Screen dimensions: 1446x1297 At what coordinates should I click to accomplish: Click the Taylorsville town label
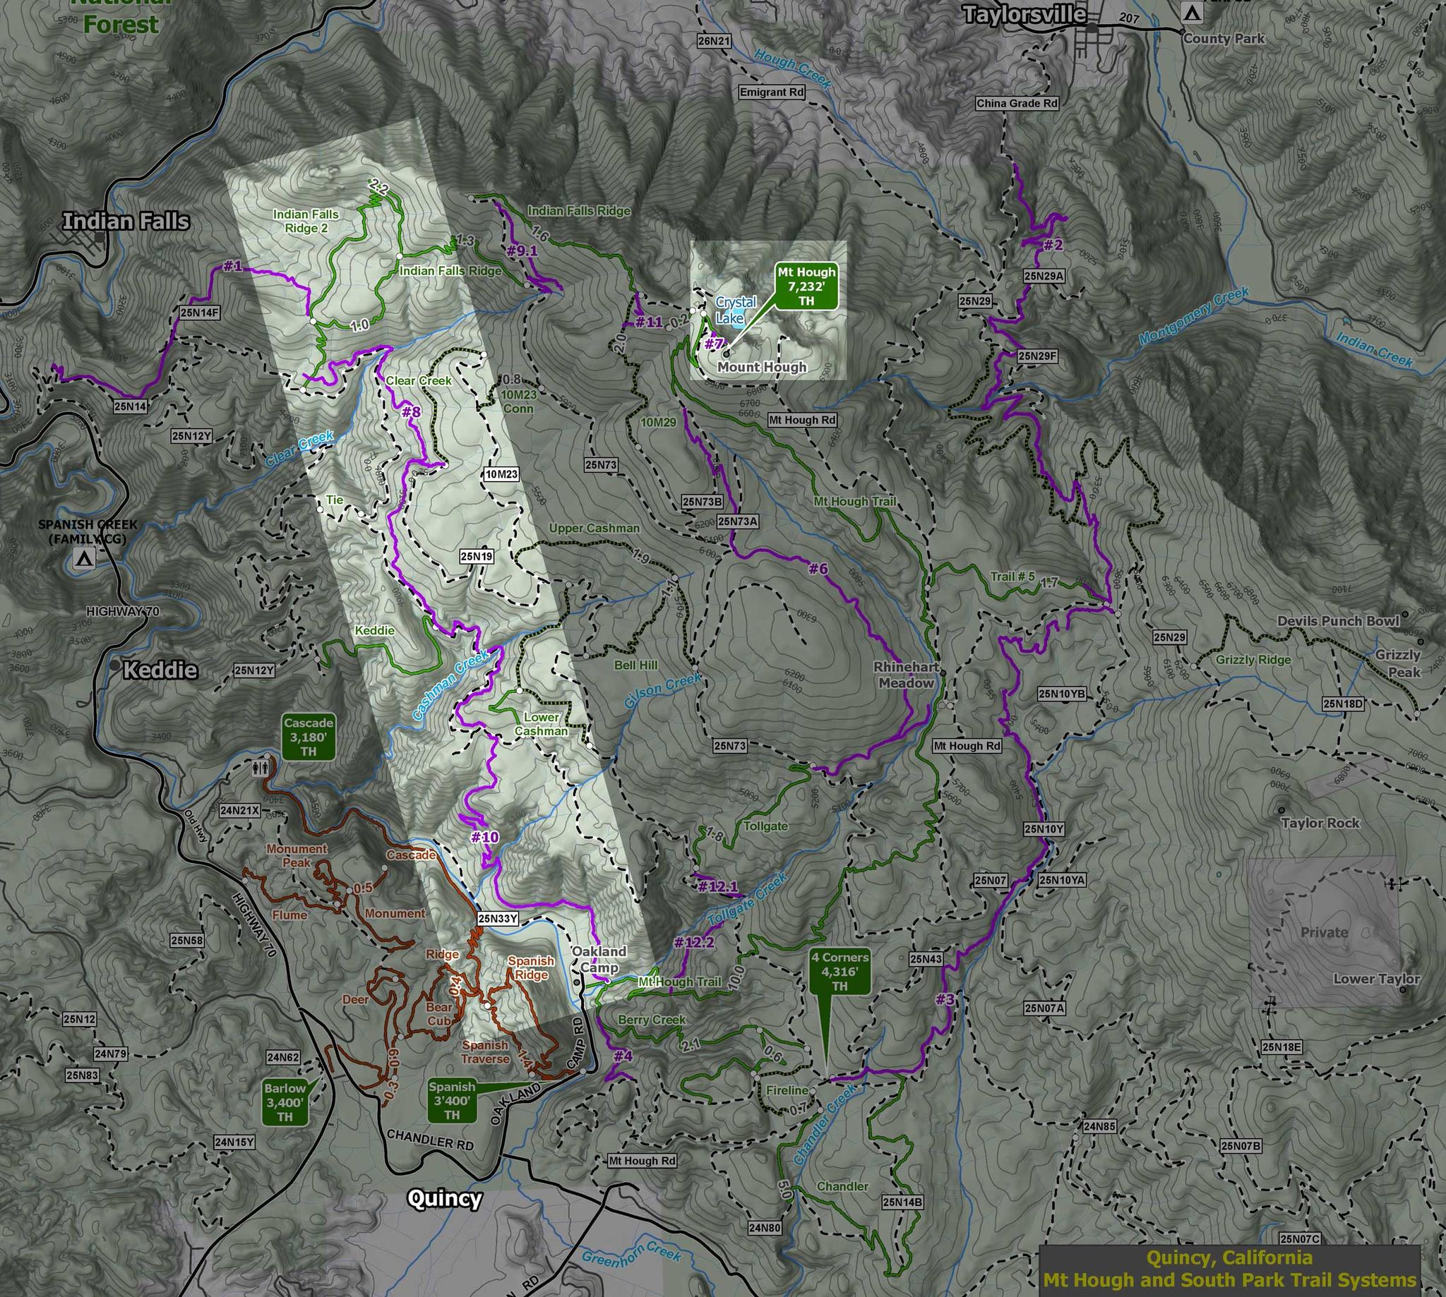(x=1024, y=14)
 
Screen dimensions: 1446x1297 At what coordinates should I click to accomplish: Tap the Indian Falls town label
(x=126, y=221)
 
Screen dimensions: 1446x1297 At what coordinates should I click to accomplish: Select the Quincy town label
(x=444, y=1198)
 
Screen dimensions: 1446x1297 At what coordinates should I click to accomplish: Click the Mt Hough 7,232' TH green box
(x=806, y=286)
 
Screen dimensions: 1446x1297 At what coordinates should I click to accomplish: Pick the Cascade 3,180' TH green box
(x=308, y=737)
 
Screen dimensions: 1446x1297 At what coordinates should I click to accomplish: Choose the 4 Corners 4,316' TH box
(x=839, y=971)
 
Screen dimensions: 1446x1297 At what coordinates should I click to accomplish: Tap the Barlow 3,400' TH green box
(x=285, y=1102)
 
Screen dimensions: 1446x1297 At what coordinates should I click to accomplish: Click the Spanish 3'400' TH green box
(x=452, y=1100)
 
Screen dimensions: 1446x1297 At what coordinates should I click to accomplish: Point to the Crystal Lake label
(x=735, y=310)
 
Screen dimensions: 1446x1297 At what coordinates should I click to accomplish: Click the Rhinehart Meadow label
(x=906, y=675)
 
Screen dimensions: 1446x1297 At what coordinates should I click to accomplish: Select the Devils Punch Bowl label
(x=1338, y=621)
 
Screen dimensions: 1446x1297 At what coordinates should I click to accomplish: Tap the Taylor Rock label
(x=1320, y=823)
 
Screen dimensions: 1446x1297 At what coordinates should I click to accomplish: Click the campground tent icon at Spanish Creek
(x=84, y=559)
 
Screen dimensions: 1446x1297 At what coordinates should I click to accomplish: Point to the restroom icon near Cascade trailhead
(x=261, y=768)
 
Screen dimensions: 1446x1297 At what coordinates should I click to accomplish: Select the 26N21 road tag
(x=714, y=42)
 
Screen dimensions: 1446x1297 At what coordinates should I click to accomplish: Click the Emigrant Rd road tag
(x=772, y=92)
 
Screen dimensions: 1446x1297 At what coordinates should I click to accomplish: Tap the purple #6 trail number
(x=818, y=568)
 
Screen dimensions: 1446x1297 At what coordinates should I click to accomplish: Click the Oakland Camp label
(x=599, y=959)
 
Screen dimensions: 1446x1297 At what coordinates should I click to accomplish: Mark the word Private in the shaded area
(x=1324, y=932)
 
